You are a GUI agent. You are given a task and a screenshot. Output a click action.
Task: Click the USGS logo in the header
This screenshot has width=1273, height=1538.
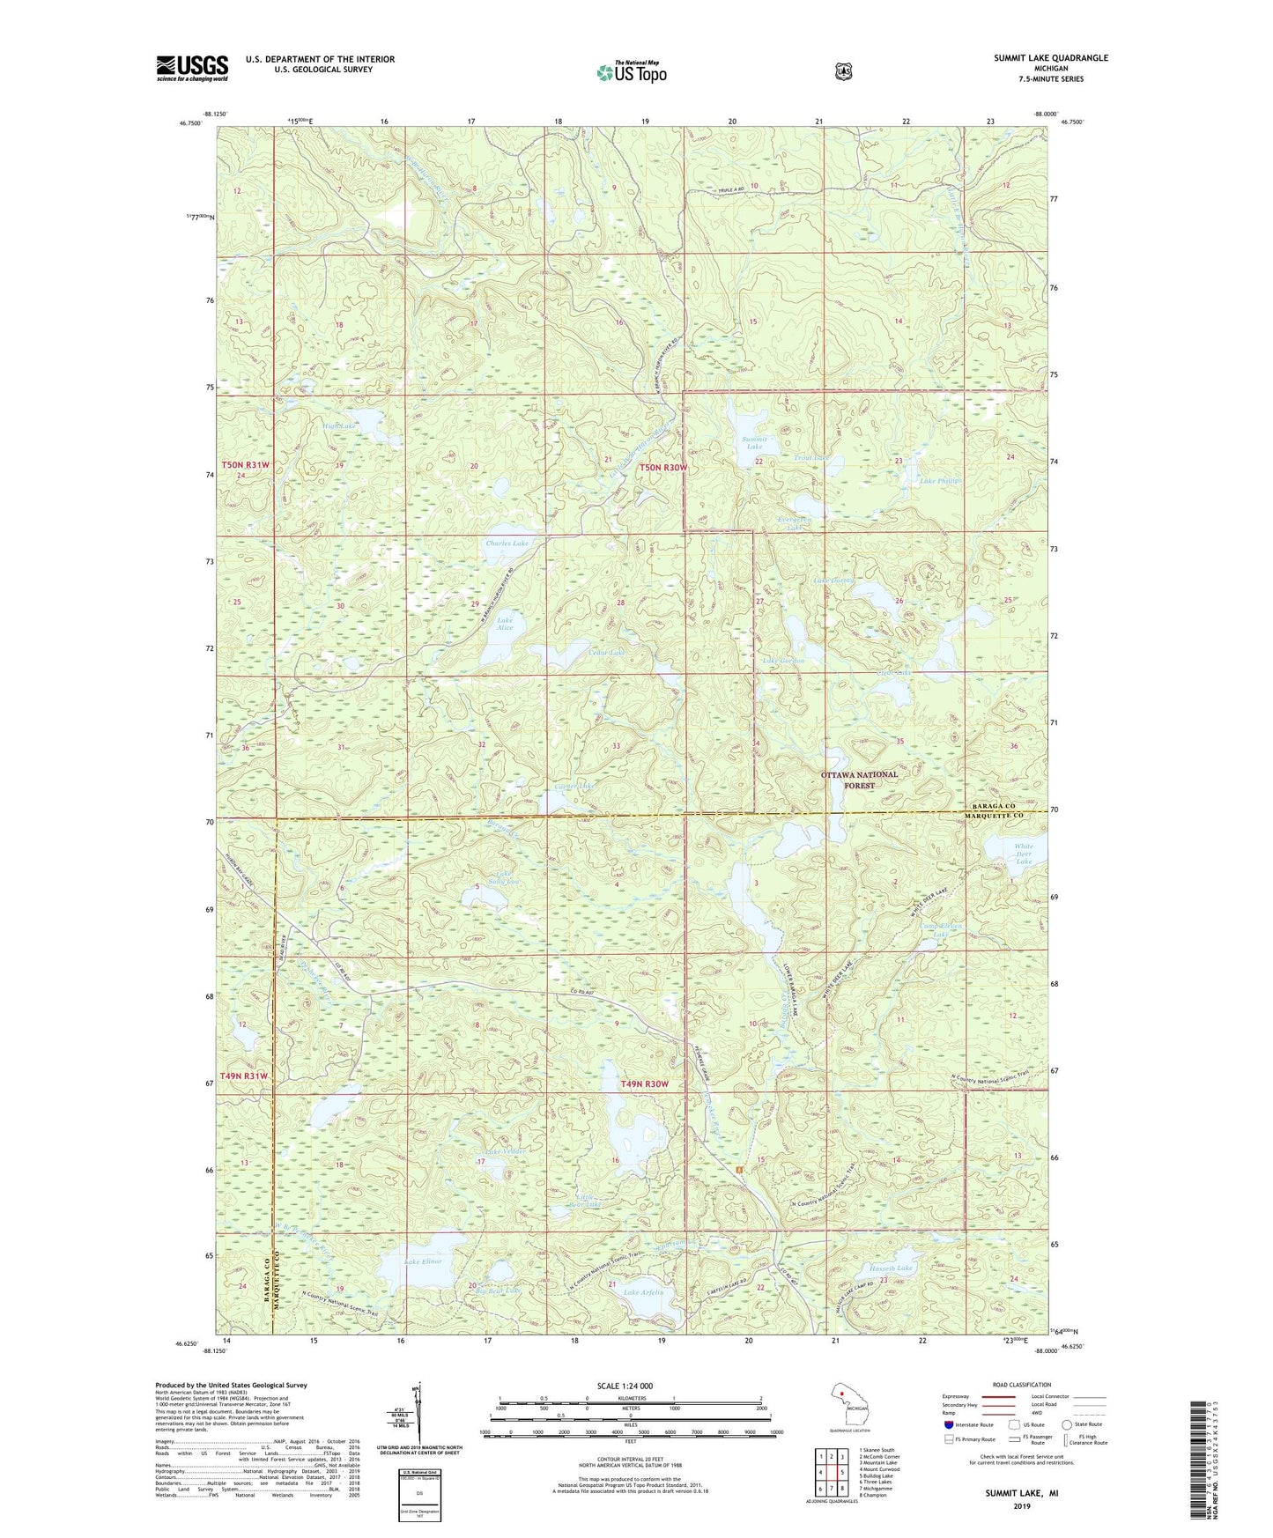[x=192, y=68]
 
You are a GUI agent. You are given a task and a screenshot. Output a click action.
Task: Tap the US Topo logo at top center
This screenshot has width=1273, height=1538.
[x=631, y=72]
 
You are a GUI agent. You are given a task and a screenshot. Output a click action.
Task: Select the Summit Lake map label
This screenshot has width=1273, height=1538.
[x=754, y=442]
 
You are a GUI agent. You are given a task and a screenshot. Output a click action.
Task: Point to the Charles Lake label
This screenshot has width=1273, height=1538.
[x=507, y=543]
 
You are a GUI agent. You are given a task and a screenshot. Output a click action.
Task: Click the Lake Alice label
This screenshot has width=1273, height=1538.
[x=504, y=624]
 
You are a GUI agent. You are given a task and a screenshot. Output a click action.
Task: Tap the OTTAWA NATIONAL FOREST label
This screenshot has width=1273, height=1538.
[x=859, y=780]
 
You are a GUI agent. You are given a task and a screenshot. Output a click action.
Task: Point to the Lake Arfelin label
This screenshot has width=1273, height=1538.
[x=643, y=1292]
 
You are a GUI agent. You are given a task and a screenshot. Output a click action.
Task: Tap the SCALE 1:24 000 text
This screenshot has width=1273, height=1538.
[x=625, y=1386]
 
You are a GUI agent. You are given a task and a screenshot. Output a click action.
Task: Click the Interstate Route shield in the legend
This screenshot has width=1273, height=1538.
[x=948, y=1423]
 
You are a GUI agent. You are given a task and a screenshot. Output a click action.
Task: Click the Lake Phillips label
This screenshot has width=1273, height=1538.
[x=940, y=481]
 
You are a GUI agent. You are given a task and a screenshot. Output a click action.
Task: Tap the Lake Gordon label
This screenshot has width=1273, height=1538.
[x=782, y=661]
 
